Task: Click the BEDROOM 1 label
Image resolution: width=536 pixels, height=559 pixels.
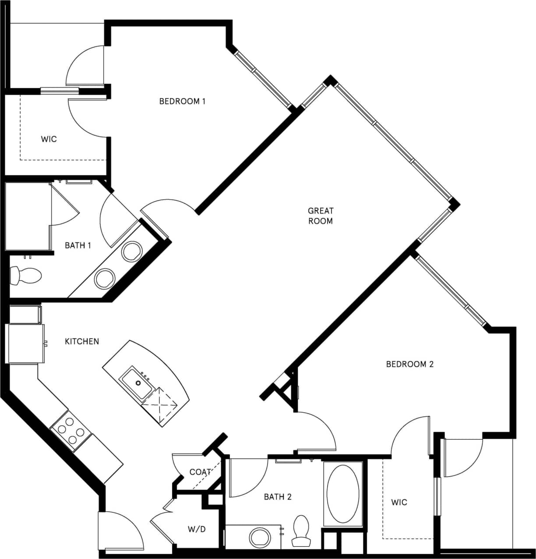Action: pos(182,101)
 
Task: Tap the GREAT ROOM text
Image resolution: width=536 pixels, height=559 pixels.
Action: pos(321,216)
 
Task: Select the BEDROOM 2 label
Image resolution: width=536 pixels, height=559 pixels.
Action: pos(409,364)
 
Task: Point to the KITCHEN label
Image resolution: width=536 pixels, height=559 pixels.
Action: pos(82,341)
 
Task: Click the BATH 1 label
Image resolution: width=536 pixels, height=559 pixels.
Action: pos(78,245)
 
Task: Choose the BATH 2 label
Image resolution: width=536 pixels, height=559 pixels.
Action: pos(278,497)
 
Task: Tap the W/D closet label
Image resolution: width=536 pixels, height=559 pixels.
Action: pos(197,529)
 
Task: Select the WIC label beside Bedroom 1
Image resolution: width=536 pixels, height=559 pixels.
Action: pos(49,139)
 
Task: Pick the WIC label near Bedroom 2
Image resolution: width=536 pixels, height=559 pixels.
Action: pos(399,502)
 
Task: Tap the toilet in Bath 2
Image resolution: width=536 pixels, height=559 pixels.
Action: pos(301,530)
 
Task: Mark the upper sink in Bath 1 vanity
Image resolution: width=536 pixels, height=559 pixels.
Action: pos(131,252)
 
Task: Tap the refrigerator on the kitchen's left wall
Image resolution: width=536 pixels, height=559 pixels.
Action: pos(26,343)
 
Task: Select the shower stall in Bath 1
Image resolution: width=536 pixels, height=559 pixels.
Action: pos(28,217)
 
